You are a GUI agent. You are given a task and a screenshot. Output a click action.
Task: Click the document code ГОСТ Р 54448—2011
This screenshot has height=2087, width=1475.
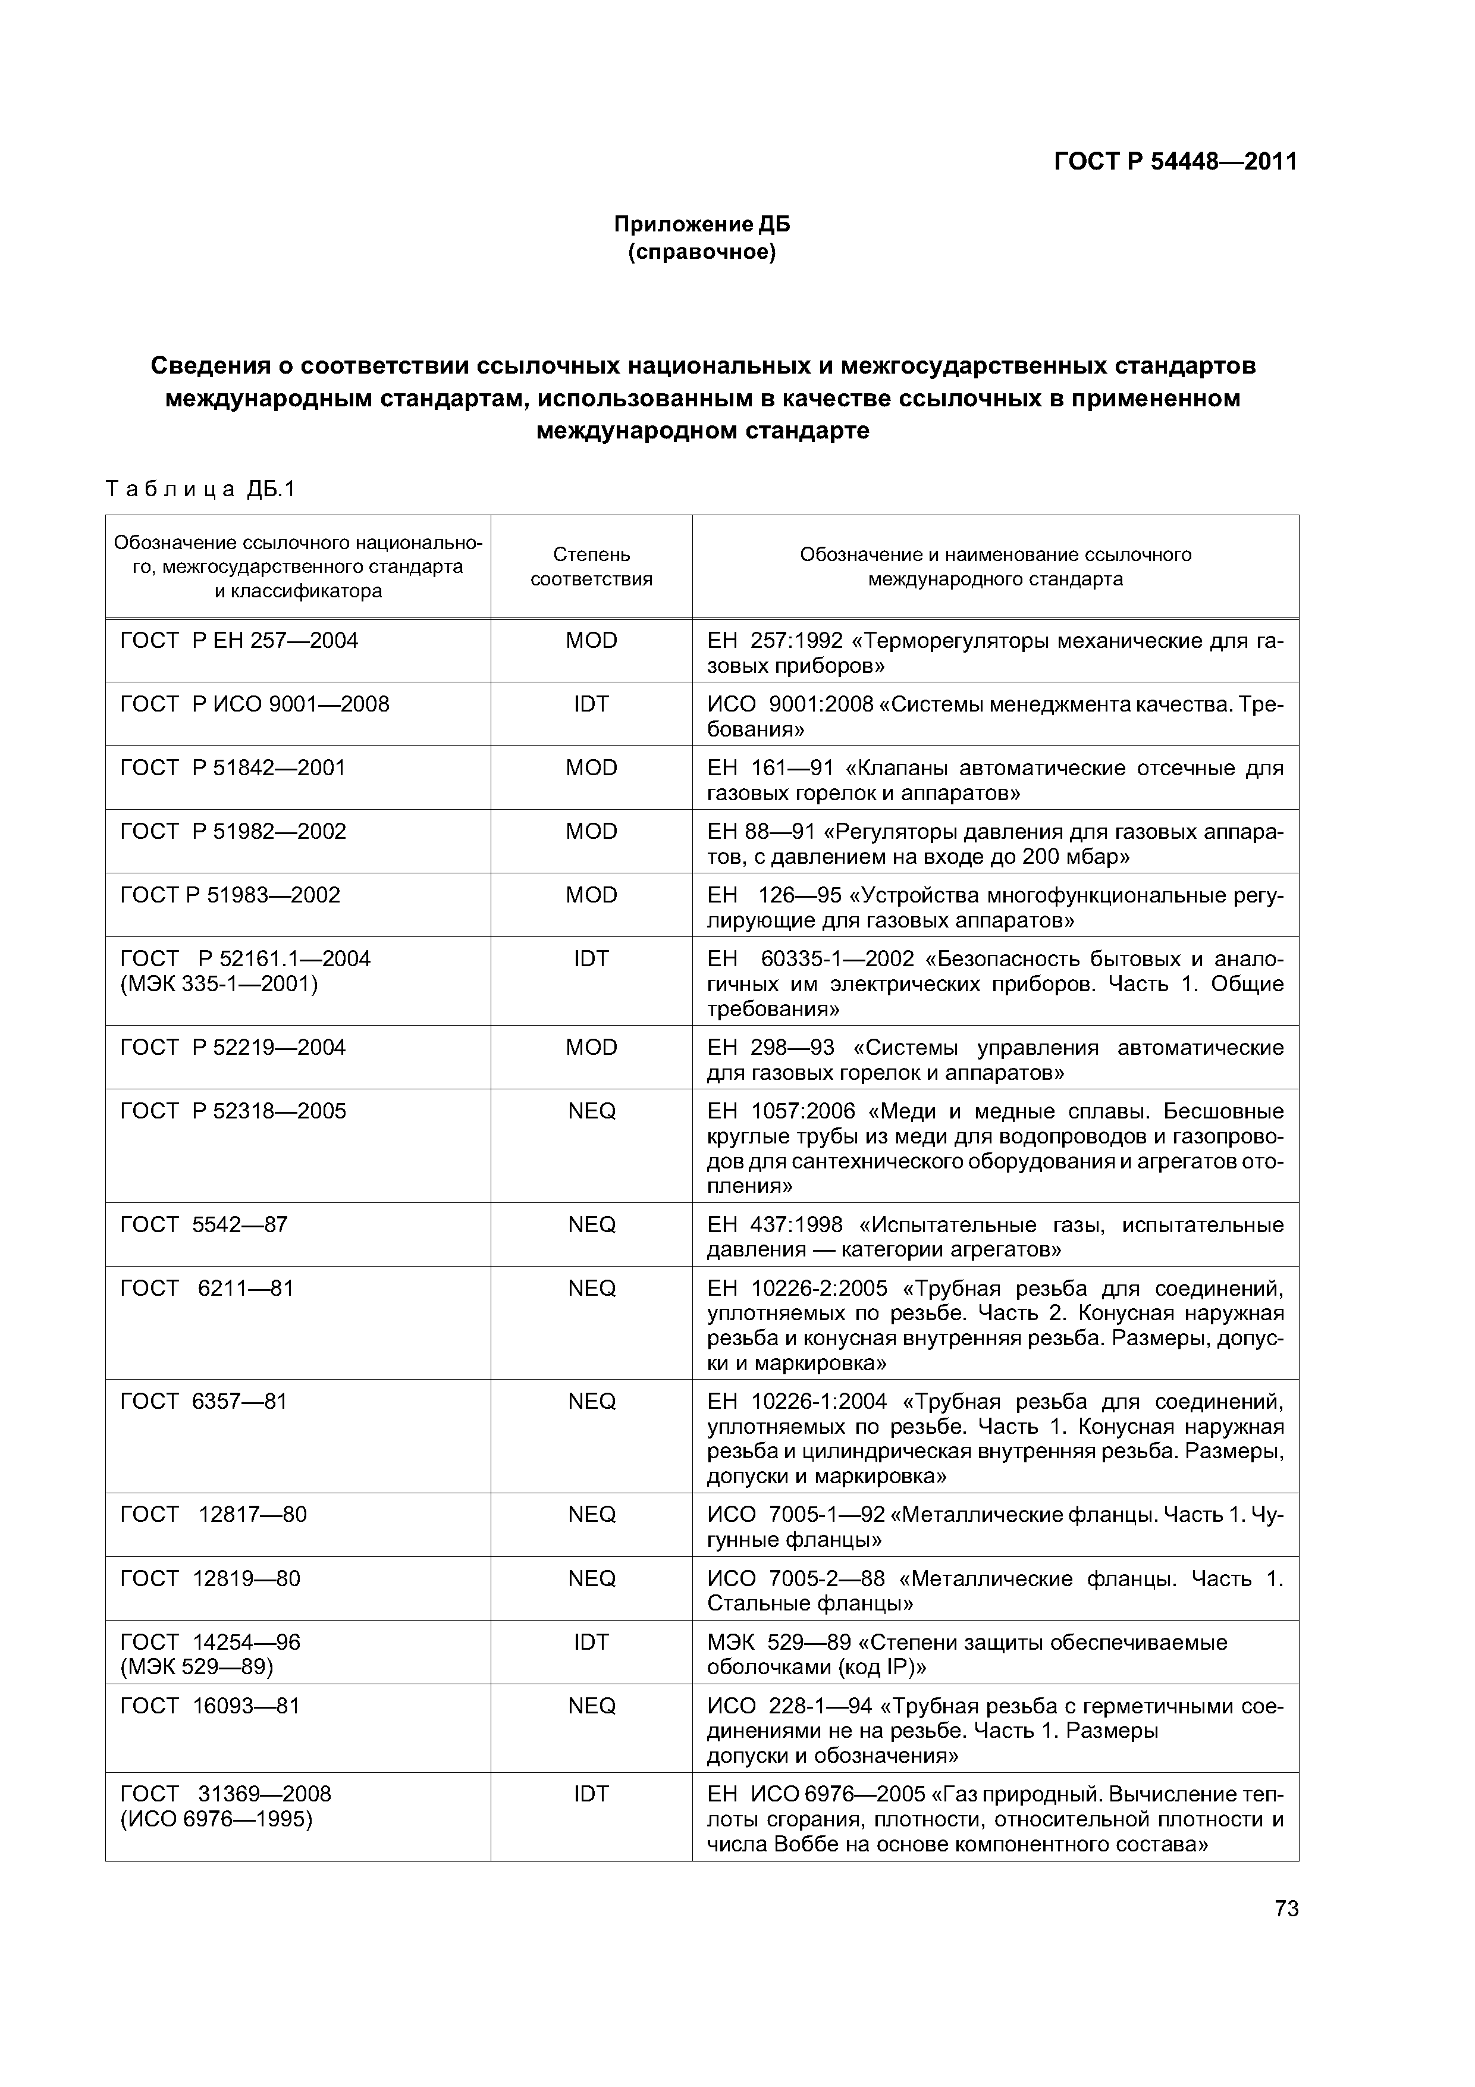pyautogui.click(x=1174, y=162)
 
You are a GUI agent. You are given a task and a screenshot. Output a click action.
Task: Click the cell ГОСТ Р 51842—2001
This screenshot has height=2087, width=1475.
pyautogui.click(x=233, y=768)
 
